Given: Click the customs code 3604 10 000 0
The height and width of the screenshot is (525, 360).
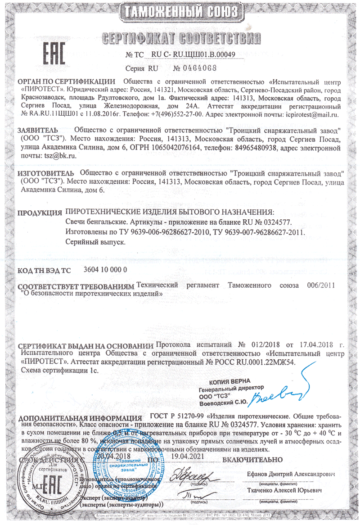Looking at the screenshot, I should coord(106,270).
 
